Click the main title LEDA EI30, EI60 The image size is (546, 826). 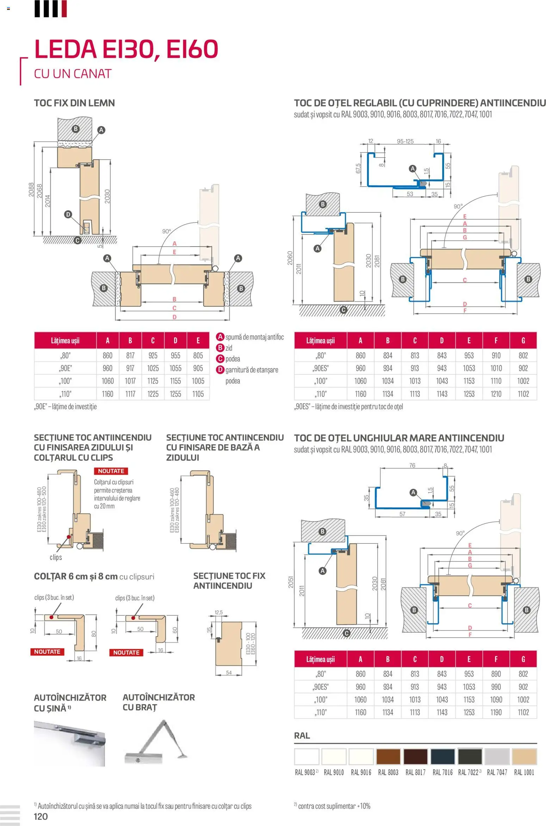[x=126, y=49]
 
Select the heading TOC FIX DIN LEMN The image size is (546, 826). [x=74, y=103]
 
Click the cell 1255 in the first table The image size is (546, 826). [x=175, y=394]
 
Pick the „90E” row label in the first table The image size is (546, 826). [x=66, y=368]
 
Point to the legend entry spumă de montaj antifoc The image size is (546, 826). [x=254, y=337]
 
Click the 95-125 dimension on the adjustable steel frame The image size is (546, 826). [x=405, y=142]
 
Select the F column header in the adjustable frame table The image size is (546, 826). [x=496, y=340]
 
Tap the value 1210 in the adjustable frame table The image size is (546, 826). [x=496, y=394]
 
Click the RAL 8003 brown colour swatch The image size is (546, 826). [x=388, y=757]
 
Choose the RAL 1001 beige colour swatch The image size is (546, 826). [x=524, y=757]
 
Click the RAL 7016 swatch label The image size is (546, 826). [x=442, y=772]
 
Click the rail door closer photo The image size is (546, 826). [x=70, y=743]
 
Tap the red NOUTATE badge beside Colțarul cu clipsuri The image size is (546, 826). [x=111, y=471]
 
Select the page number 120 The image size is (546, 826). [x=41, y=816]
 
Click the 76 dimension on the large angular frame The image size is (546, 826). [x=412, y=466]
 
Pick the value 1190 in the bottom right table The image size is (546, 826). [x=496, y=712]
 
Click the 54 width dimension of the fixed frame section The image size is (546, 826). [x=229, y=673]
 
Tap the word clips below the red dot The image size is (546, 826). [x=56, y=557]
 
